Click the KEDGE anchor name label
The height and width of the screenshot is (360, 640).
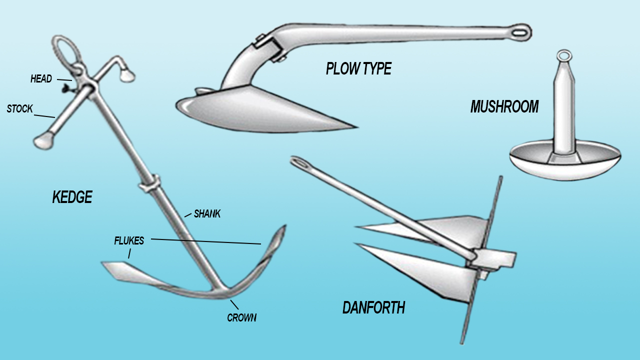pos(72,197)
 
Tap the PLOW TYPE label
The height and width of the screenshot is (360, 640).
pos(358,68)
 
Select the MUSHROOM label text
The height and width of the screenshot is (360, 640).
pos(504,106)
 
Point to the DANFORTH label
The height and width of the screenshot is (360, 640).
pos(373,307)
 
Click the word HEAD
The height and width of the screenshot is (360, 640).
pos(41,79)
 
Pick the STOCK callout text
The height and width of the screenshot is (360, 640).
pos(20,108)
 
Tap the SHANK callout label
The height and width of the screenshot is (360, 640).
pos(207,214)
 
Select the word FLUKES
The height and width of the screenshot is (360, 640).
pos(129,241)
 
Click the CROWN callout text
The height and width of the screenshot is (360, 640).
pos(241,317)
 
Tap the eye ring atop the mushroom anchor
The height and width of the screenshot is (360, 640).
pos(563,55)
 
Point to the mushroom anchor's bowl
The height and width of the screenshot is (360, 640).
pos(565,163)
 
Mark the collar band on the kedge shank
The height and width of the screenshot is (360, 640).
pos(149,183)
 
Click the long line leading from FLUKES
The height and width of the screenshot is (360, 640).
pos(205,241)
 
